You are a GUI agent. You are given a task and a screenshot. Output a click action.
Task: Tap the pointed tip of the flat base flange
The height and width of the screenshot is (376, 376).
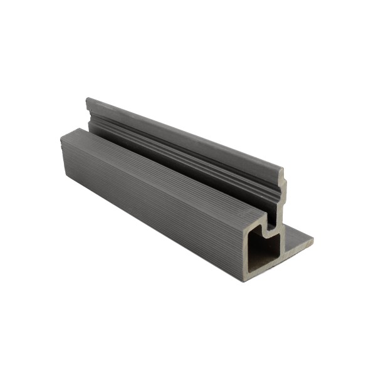(x=312, y=238)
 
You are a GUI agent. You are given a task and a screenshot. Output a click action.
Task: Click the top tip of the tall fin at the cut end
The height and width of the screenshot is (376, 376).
(x=282, y=170)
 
